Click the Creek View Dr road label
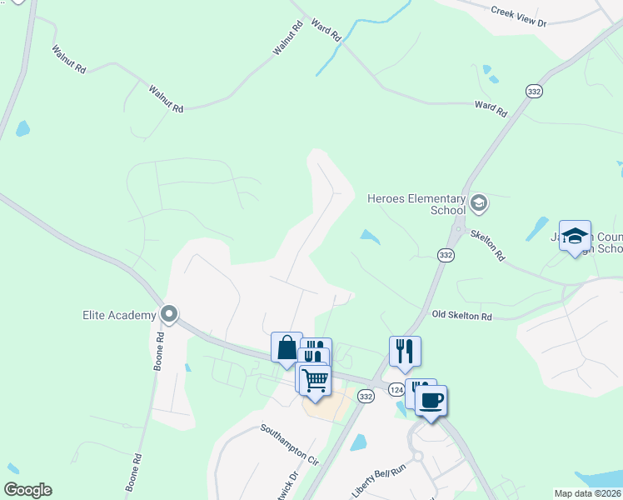(x=518, y=17)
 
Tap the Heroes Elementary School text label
(x=416, y=204)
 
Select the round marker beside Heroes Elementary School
(x=479, y=202)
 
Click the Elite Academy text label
(x=120, y=315)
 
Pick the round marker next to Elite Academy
(x=169, y=314)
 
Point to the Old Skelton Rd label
(x=462, y=317)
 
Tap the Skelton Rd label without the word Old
(x=487, y=244)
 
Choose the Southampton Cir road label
(x=289, y=445)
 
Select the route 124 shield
(x=396, y=390)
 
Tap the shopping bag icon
(x=286, y=346)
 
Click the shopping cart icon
(x=316, y=380)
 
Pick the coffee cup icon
(x=431, y=400)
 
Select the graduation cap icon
(x=575, y=235)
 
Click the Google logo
(x=27, y=490)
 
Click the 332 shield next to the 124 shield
(x=366, y=397)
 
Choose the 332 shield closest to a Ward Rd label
(x=534, y=90)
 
